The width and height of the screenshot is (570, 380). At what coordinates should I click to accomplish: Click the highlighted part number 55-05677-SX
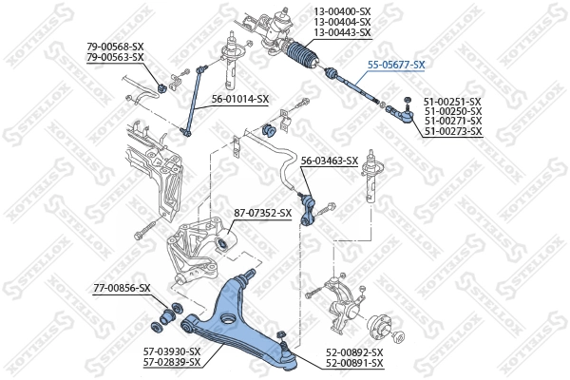(396, 65)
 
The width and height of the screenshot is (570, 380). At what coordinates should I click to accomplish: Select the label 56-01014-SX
(239, 99)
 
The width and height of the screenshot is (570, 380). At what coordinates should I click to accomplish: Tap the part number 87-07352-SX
(262, 213)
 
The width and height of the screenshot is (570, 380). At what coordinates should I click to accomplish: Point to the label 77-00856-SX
(122, 287)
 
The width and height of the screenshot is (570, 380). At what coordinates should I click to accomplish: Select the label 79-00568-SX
(115, 47)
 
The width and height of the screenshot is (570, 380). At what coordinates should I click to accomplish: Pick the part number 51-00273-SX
(452, 131)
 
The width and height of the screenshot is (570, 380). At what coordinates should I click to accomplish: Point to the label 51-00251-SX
(452, 100)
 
